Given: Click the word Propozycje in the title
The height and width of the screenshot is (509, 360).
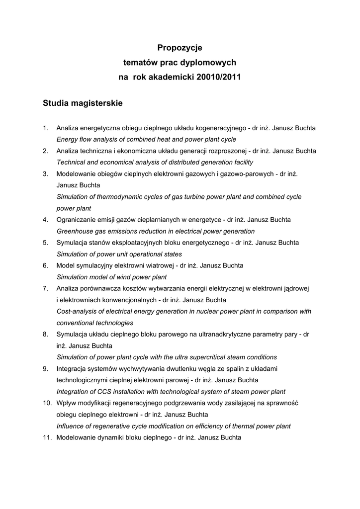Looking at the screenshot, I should (180, 48).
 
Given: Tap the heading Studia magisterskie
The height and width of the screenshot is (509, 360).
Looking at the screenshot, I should (82, 103).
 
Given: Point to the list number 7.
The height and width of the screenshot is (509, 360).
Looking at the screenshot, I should (45, 288).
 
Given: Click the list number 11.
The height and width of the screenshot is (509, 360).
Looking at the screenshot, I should (47, 437).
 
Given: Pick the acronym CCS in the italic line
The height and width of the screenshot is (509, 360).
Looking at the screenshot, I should (105, 392).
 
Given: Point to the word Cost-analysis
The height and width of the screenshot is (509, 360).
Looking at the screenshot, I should (76, 311).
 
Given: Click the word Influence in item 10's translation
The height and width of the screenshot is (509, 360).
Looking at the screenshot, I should (70, 426).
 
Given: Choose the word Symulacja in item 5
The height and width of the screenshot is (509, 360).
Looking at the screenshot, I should (72, 243).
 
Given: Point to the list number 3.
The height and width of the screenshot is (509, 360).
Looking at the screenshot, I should (45, 173).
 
